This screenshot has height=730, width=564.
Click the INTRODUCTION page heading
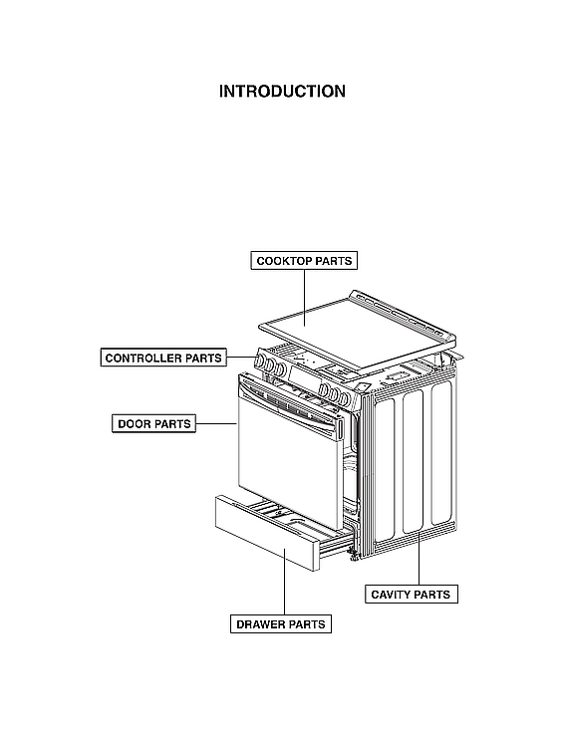coord(282,92)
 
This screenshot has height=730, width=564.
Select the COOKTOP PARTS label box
coord(304,261)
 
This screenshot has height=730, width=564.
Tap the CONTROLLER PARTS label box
coord(163,358)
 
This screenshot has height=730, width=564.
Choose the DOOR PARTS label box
coord(153,424)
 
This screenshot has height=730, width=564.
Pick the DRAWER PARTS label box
coord(280,624)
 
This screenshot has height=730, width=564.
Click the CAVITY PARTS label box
coord(411,595)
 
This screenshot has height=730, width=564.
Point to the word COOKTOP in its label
coord(283,261)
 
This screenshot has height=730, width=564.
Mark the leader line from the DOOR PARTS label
coord(215,424)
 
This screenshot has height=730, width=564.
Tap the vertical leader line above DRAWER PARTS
coord(284,588)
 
